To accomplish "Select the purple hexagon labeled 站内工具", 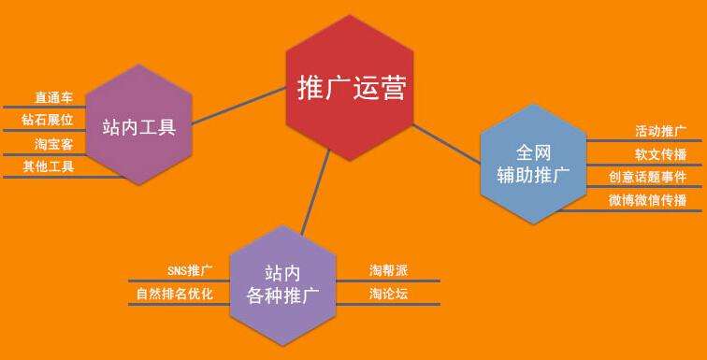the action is click(138, 125).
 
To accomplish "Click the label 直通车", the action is click(54, 97).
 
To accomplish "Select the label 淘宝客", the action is click(54, 144).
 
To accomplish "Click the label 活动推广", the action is click(660, 130).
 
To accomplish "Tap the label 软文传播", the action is click(660, 153).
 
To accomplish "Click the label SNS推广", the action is click(190, 271).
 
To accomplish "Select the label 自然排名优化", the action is click(175, 295).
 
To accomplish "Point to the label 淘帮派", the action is click(388, 271).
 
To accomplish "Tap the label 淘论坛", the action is click(388, 295).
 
